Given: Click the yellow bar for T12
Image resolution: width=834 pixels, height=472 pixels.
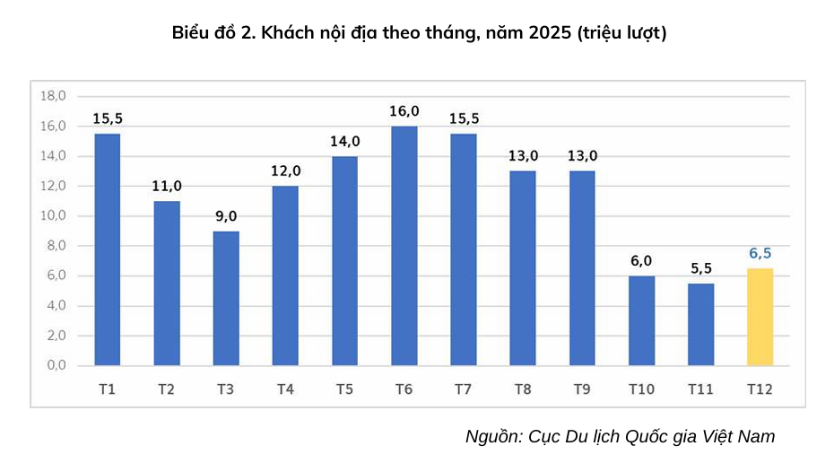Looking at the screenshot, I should coord(760,317).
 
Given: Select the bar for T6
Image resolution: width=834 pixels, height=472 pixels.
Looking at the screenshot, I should coord(404,246).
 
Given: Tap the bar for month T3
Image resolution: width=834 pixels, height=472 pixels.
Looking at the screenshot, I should coord(226,298).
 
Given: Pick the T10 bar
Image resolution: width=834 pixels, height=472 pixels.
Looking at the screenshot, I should coord(641,320).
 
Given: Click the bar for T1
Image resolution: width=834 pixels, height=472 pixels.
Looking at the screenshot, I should coord(108,249).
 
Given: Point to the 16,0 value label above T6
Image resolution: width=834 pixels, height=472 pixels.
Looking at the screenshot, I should coord(404,111).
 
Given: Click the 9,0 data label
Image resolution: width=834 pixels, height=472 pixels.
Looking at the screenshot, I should coord(226,216).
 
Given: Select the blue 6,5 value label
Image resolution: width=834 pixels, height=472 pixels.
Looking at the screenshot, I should coord(760,253).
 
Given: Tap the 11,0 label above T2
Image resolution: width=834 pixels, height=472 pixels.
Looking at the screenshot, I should coord(167,186).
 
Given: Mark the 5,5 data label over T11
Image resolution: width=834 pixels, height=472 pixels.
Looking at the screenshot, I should coord(700,268).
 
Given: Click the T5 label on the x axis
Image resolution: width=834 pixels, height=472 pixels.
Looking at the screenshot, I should coord(344,389).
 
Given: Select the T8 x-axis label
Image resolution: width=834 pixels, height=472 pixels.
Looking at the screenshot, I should coord(523,389).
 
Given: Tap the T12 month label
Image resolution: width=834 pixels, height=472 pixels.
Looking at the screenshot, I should coord(760,389).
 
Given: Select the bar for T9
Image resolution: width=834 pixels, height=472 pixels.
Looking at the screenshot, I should coord(582,268).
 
